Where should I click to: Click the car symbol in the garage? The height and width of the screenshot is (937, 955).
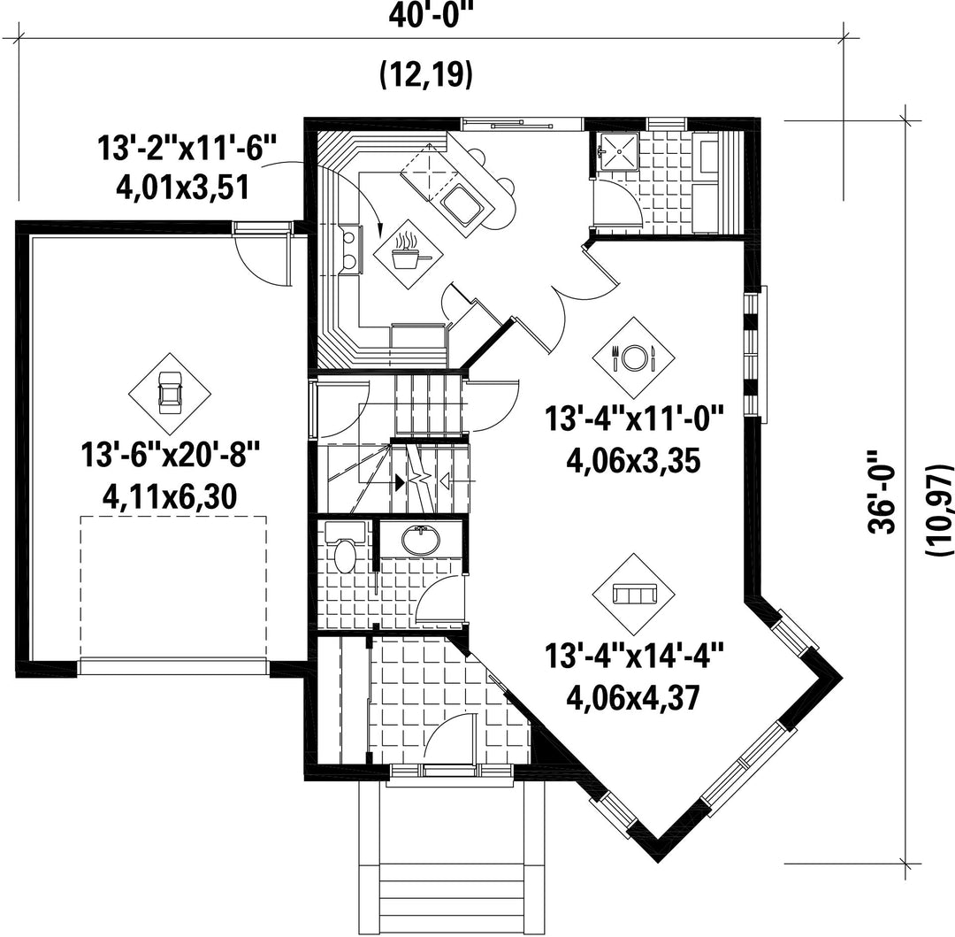(170, 393)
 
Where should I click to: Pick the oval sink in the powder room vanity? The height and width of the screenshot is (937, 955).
(421, 539)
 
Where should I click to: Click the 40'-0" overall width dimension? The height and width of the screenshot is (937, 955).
(432, 14)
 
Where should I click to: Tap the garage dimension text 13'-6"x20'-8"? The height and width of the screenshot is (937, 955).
(171, 455)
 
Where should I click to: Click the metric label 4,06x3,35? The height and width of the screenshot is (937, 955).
(633, 461)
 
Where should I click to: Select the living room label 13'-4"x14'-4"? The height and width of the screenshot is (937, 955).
(633, 657)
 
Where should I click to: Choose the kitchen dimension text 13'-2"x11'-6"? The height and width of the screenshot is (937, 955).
(187, 148)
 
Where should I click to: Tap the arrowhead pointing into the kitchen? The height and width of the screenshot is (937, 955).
(380, 230)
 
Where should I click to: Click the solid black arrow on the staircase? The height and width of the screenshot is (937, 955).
(399, 482)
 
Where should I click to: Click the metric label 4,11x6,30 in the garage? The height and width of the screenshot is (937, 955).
(170, 498)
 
